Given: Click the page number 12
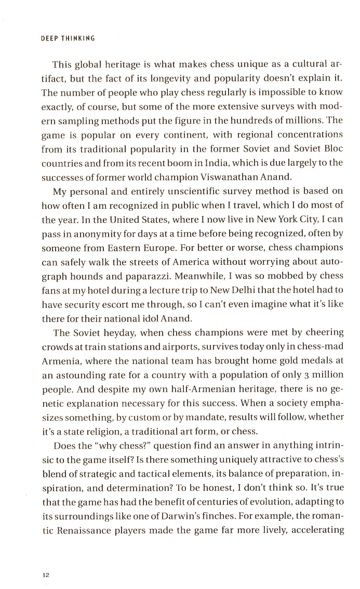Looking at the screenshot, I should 45,560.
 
